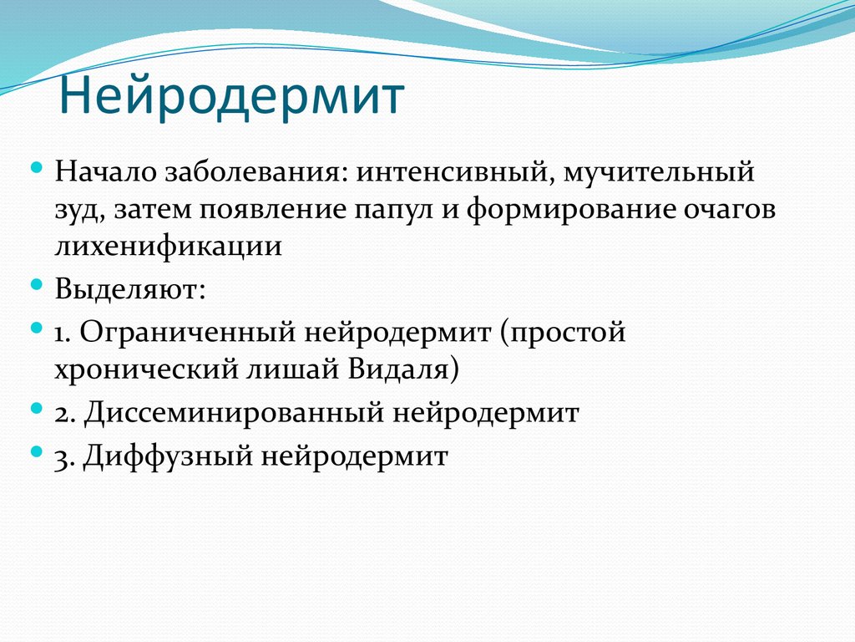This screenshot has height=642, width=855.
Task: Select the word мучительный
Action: (x=659, y=174)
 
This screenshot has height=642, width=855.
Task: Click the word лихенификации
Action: (x=168, y=246)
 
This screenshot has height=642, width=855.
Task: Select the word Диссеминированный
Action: (x=234, y=413)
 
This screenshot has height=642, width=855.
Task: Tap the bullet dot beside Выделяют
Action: (x=37, y=284)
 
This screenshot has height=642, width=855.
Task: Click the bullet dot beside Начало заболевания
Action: (x=37, y=168)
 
